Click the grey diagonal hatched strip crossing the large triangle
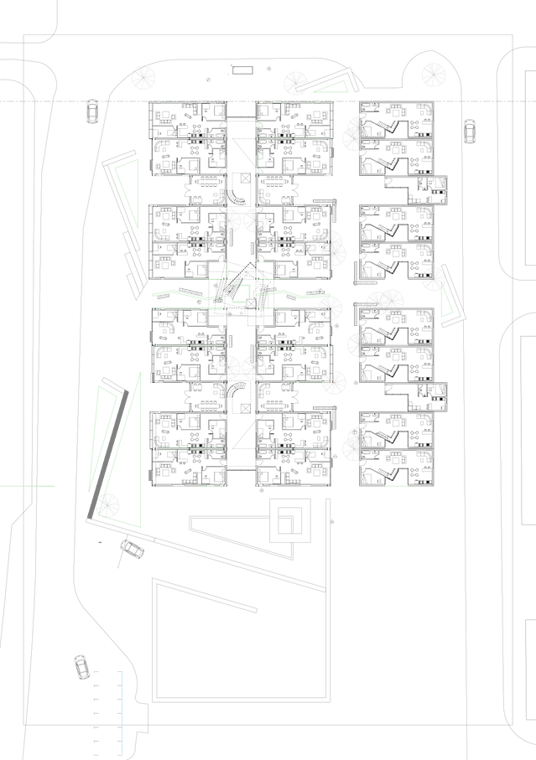pyautogui.click(x=112, y=452)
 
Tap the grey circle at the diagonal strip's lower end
pyautogui.click(x=109, y=505)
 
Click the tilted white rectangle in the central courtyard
pyautogui.click(x=229, y=291)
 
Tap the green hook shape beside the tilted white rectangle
pyautogui.click(x=247, y=290)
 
